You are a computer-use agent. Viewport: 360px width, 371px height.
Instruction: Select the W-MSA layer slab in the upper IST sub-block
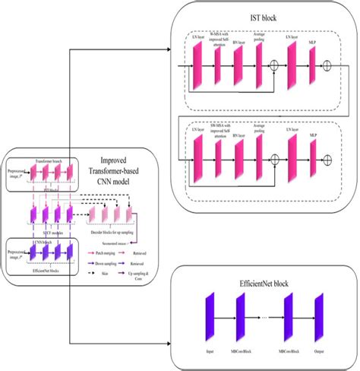(218, 68)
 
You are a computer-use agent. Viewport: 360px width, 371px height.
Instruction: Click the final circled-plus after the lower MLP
(327, 159)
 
